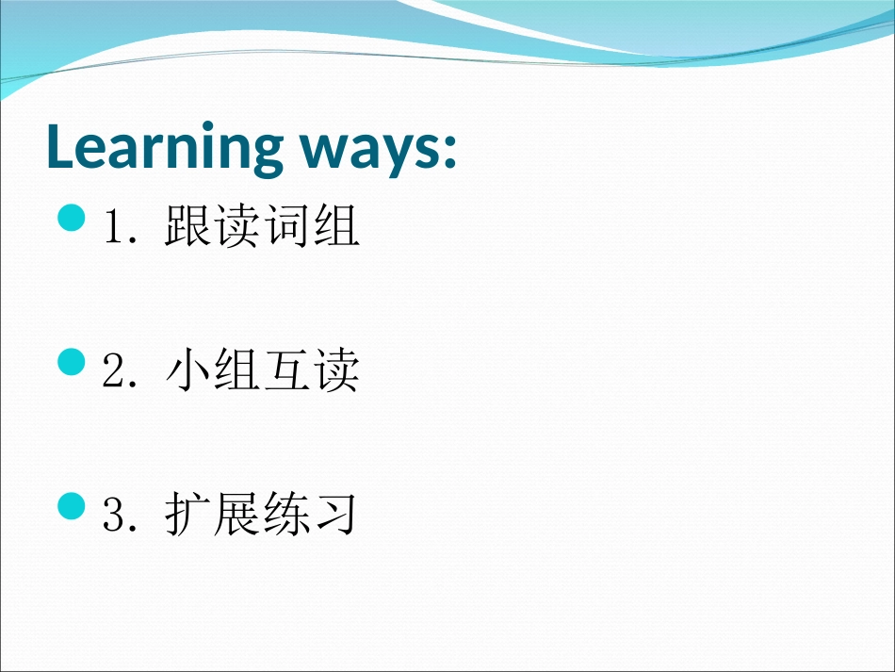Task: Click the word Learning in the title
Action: click(165, 147)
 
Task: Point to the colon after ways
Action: click(449, 150)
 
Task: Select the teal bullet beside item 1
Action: click(72, 218)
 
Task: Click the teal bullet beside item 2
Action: click(72, 362)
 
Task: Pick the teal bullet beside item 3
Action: click(72, 506)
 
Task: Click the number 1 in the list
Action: click(112, 226)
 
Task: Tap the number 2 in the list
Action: click(112, 370)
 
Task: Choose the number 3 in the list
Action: click(112, 515)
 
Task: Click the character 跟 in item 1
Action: click(187, 225)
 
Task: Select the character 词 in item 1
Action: click(287, 225)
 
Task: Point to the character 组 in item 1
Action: click(336, 225)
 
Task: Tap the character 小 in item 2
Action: click(187, 370)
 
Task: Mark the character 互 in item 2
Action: click(287, 370)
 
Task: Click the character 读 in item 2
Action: click(336, 370)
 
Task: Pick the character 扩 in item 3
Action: click(187, 514)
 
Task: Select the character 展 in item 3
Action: click(236, 514)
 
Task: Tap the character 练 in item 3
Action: click(287, 514)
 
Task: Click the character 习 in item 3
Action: click(335, 514)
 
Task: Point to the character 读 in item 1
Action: click(236, 225)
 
